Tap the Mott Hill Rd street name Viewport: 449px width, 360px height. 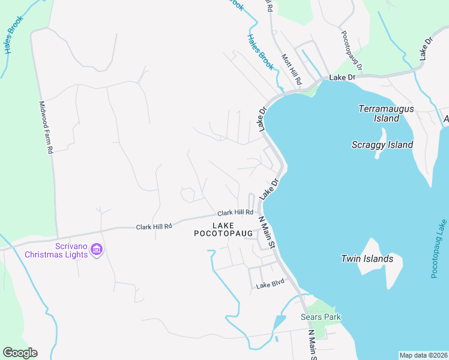[291, 68]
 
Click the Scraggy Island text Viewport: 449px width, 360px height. [382, 145]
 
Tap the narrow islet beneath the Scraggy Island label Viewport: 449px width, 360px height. [379, 154]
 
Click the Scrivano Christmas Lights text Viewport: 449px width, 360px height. [56, 250]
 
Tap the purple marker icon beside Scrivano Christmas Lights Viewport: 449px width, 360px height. [97, 249]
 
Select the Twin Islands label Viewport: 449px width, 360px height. [367, 259]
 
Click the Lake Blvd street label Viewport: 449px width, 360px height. [270, 286]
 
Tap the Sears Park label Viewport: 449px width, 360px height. [321, 317]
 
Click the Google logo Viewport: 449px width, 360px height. [20, 353]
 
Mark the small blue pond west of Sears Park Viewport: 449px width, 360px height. [279, 323]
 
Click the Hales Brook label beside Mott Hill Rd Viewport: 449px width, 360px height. [261, 52]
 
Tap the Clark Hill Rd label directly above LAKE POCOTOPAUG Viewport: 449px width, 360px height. [235, 212]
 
